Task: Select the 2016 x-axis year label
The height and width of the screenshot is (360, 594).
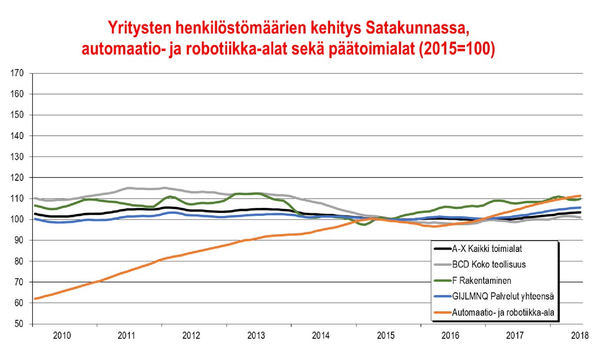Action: pos(450,335)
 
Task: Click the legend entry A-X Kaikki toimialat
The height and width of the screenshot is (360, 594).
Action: pos(488,249)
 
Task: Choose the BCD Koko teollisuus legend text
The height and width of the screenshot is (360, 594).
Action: pos(488,264)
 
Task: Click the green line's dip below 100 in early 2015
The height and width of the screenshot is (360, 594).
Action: pos(364,224)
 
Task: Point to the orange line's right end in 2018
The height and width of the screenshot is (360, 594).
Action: pos(580,196)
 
